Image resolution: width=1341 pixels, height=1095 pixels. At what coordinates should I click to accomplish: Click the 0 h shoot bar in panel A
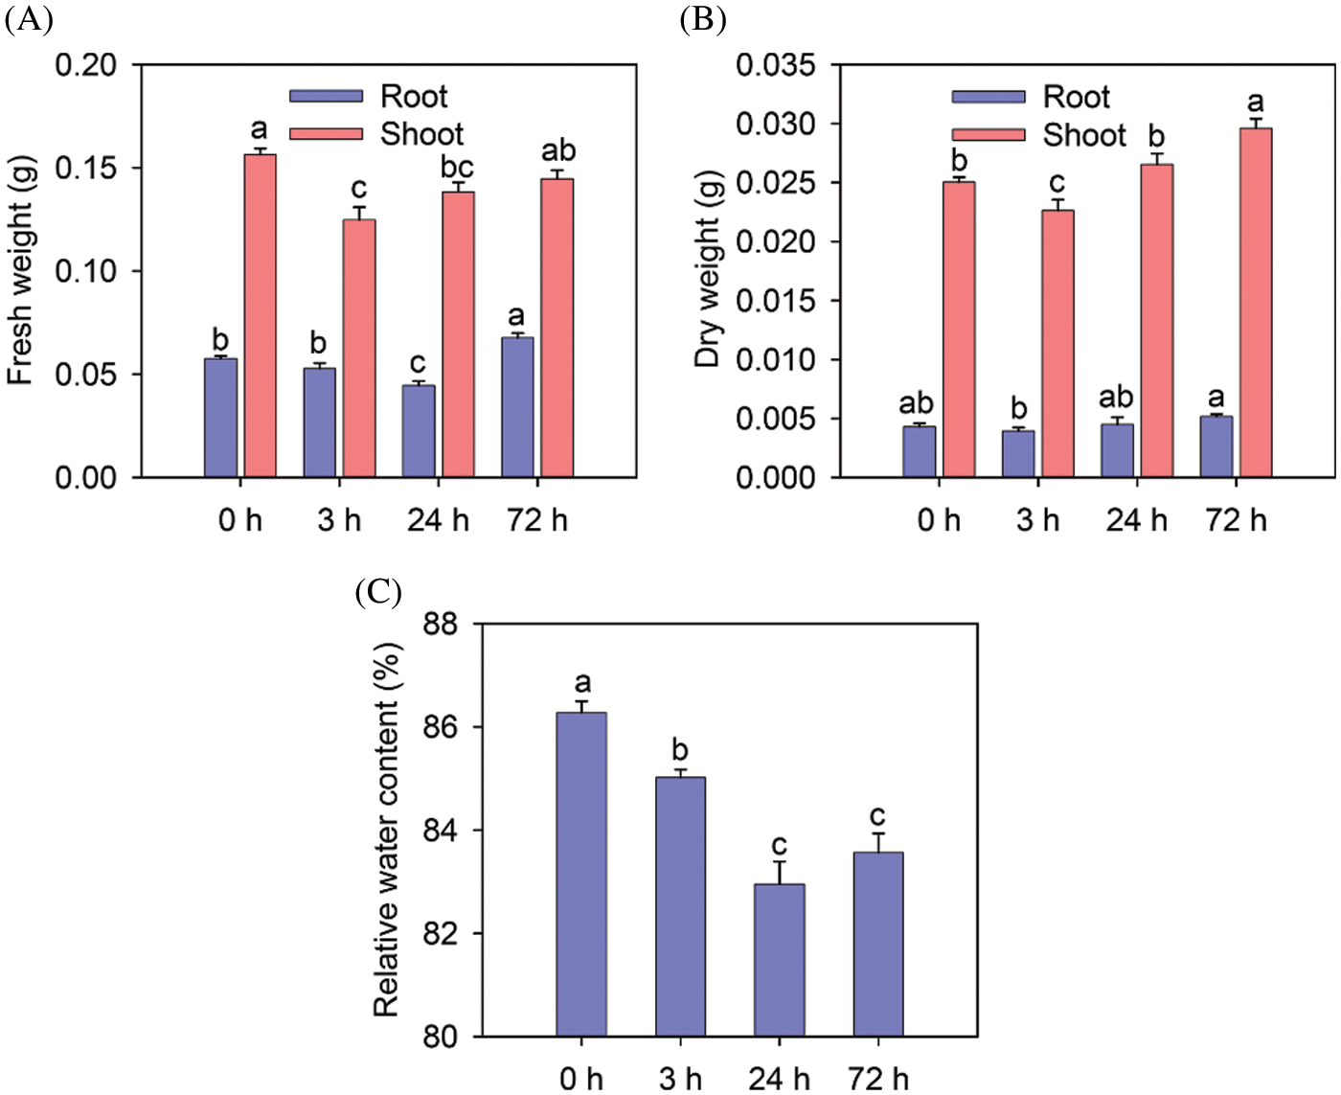(x=260, y=316)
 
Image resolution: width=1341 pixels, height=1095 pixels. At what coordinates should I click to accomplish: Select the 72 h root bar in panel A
(x=517, y=407)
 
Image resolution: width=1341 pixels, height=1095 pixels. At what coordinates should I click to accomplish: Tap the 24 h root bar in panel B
(x=1117, y=450)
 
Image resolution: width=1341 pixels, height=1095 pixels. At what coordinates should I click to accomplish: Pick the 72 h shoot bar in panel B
(x=1256, y=303)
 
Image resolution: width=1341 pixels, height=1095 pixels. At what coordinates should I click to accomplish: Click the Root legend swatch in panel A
(x=327, y=97)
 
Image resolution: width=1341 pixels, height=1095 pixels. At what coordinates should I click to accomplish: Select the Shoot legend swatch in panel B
(x=989, y=135)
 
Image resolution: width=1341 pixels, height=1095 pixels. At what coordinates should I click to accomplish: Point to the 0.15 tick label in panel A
(x=86, y=169)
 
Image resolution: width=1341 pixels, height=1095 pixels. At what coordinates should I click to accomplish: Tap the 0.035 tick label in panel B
(x=776, y=65)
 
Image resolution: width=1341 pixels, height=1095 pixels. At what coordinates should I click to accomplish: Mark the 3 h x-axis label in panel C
(x=680, y=1079)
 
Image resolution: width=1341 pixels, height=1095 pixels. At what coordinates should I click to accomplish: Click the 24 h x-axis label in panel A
(x=438, y=520)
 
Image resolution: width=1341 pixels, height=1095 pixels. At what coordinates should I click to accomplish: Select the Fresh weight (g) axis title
(x=20, y=271)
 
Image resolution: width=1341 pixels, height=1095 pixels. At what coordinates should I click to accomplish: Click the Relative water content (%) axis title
(x=386, y=830)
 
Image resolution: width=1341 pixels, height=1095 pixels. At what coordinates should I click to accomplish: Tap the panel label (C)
(x=378, y=592)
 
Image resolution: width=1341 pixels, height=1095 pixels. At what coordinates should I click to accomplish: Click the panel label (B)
(x=703, y=18)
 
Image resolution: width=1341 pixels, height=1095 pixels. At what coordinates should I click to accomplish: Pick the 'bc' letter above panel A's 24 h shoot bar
(x=457, y=167)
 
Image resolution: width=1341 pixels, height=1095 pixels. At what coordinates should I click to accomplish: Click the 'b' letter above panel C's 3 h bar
(x=680, y=749)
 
